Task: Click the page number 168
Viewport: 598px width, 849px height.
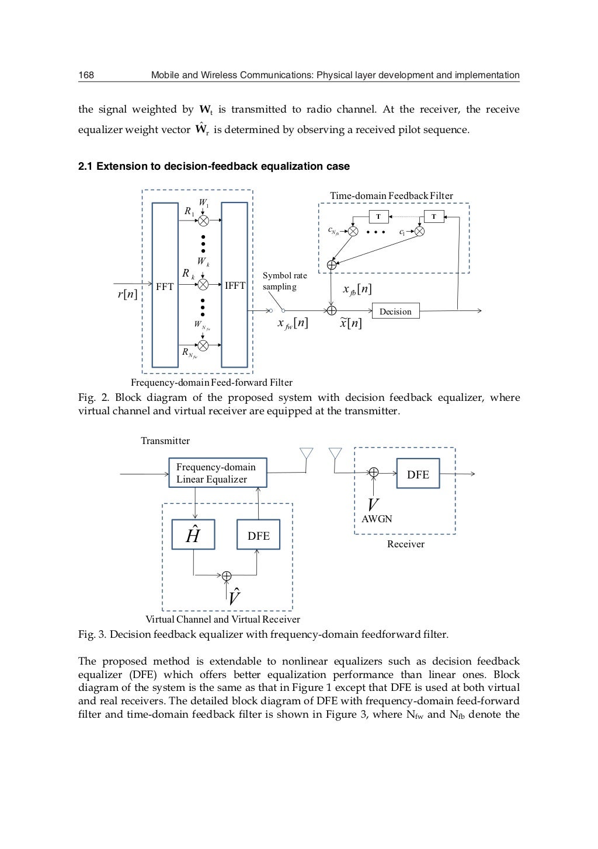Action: click(86, 75)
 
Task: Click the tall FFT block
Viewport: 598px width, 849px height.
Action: click(165, 285)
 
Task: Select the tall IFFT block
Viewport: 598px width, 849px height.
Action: click(235, 285)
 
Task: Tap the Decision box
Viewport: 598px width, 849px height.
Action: click(395, 311)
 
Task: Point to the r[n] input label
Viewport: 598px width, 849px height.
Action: click(127, 294)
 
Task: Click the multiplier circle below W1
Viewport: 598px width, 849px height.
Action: click(203, 221)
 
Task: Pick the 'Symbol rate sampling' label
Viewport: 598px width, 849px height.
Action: click(284, 281)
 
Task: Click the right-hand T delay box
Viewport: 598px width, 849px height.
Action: click(433, 217)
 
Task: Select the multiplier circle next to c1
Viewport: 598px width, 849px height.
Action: click(419, 232)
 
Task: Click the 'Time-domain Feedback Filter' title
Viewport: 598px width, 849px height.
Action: click(391, 196)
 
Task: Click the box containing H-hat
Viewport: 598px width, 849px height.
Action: click(193, 534)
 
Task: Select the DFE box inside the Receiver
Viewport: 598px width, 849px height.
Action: click(418, 474)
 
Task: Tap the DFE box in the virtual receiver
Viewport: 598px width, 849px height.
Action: click(258, 535)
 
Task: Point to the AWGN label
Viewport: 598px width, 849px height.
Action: click(377, 519)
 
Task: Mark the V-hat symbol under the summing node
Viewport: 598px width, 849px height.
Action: click(234, 597)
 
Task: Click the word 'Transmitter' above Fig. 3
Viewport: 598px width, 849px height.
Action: click(165, 441)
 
